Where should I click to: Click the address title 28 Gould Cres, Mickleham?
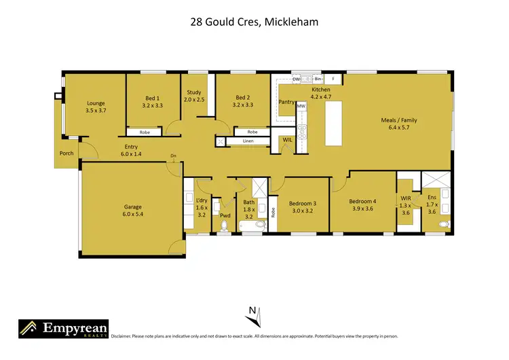pyautogui.click(x=254, y=22)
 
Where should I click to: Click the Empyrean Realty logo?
pyautogui.click(x=62, y=330)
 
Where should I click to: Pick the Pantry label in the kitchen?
pyautogui.click(x=286, y=102)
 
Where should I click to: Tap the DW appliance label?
pyautogui.click(x=296, y=79)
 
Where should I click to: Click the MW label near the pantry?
pyautogui.click(x=301, y=106)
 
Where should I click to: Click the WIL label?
pyautogui.click(x=287, y=141)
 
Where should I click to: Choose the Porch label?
pyautogui.click(x=67, y=153)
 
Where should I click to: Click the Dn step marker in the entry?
pyautogui.click(x=174, y=156)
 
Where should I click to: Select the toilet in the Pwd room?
pyautogui.click(x=225, y=227)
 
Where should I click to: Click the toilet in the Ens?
pyautogui.click(x=443, y=223)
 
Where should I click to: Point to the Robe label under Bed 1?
pyautogui.click(x=145, y=132)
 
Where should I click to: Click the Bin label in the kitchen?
pyautogui.click(x=317, y=79)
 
